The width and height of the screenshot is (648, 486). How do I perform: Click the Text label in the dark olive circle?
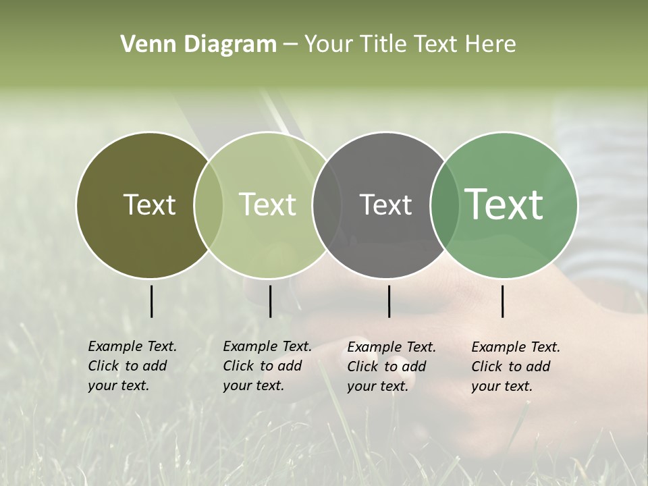click(x=149, y=205)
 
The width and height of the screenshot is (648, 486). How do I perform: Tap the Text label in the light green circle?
click(x=268, y=205)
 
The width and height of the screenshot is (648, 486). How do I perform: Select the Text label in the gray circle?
click(x=385, y=205)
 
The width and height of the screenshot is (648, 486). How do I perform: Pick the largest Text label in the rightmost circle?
click(x=504, y=205)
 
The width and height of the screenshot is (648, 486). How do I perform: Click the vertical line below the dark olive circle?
click(x=151, y=301)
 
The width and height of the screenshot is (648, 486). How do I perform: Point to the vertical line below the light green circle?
click(x=270, y=301)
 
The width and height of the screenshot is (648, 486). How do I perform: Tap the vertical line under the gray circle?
click(x=389, y=301)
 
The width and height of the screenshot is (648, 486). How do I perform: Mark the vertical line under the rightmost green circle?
click(x=503, y=301)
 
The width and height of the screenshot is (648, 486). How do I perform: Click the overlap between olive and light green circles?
click(x=209, y=205)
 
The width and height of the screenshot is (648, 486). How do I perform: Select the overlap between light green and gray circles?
click(x=327, y=205)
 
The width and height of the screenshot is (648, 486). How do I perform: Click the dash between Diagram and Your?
click(x=290, y=45)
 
